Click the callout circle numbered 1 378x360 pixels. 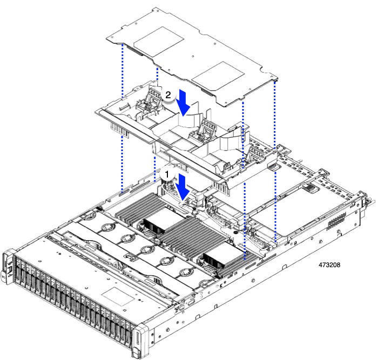[167, 175]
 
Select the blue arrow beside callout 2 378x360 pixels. [184, 103]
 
